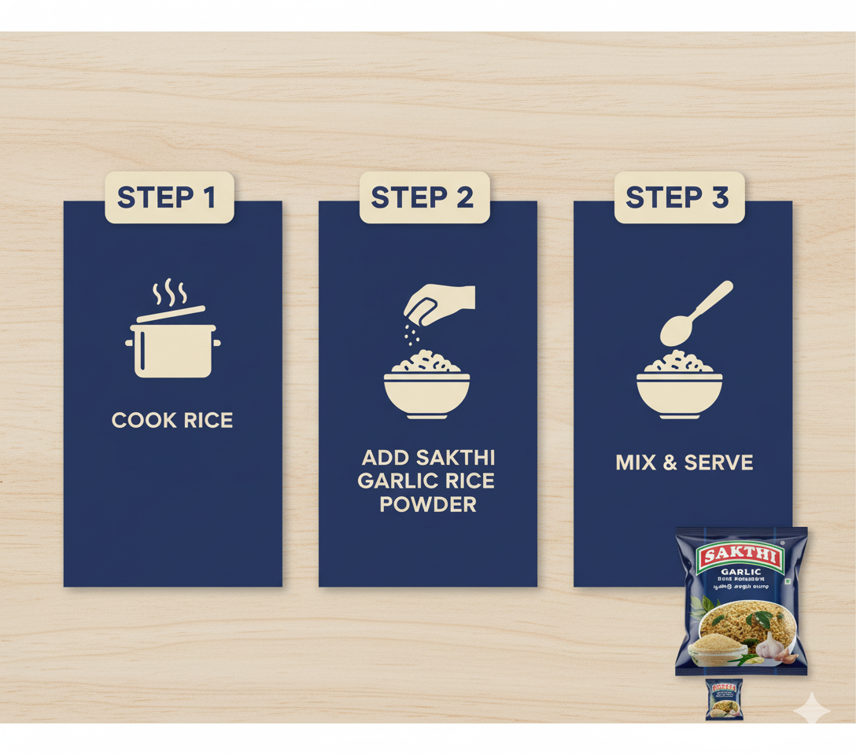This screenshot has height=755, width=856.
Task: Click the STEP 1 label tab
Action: [170, 197]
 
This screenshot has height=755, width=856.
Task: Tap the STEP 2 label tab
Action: [425, 197]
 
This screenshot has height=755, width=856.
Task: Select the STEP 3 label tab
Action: [679, 197]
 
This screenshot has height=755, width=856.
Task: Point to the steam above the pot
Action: [170, 293]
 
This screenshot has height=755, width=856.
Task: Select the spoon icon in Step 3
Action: [695, 312]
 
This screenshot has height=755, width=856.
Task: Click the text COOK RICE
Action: [172, 421]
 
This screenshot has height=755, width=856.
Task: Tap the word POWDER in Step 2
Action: [428, 504]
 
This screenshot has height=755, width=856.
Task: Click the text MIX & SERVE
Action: [684, 462]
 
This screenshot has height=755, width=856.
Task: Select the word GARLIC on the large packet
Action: [740, 572]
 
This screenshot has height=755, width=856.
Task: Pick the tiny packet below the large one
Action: [725, 698]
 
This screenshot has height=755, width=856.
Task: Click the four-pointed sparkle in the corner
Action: [811, 711]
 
